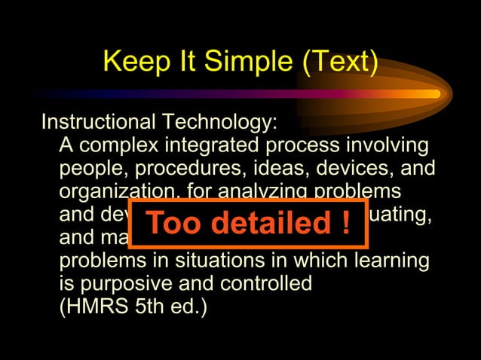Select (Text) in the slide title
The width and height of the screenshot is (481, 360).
(x=340, y=62)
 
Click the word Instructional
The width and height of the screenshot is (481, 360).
(x=98, y=121)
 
